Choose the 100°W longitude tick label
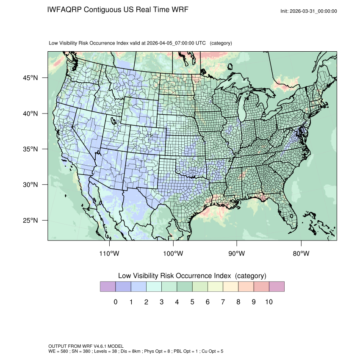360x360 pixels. pyautogui.click(x=173, y=254)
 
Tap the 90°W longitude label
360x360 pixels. pyautogui.click(x=237, y=254)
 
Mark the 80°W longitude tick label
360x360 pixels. pyautogui.click(x=301, y=254)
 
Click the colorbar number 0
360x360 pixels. pyautogui.click(x=116, y=302)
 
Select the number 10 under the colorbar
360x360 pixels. pyautogui.click(x=269, y=302)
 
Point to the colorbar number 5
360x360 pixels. pyautogui.click(x=192, y=302)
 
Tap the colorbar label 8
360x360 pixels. pyautogui.click(x=238, y=302)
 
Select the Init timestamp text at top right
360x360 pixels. pyautogui.click(x=309, y=11)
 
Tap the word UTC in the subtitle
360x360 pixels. pyautogui.click(x=201, y=43)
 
